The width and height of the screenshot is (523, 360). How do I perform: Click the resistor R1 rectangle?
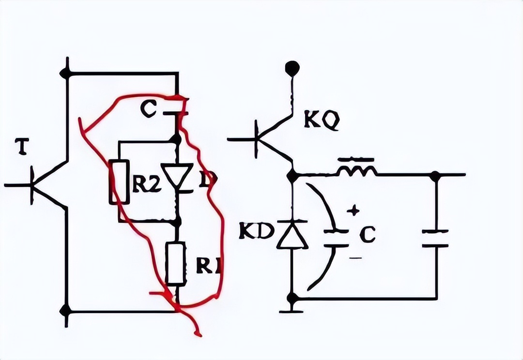point(175,264)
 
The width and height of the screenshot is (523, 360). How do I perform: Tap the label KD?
point(257,231)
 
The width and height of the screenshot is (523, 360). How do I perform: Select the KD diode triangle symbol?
point(292,236)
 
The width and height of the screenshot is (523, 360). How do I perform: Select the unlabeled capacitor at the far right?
point(435,239)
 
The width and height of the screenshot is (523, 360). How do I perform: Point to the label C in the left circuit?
point(148,110)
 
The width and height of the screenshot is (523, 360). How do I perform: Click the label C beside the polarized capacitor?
point(368,236)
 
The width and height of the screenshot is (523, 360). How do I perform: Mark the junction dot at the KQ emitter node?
point(292,175)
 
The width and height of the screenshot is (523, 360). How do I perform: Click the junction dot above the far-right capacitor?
point(435,175)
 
